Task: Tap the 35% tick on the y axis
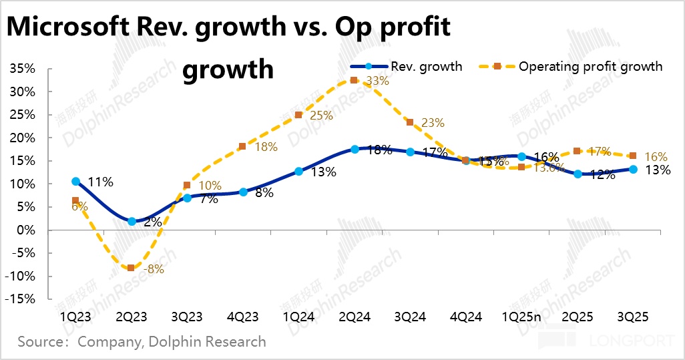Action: click(24, 69)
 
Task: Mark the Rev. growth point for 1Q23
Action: click(76, 181)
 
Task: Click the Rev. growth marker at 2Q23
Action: click(132, 221)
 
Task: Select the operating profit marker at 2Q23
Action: click(131, 268)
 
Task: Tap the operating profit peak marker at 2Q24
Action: click(354, 81)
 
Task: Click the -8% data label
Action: click(154, 270)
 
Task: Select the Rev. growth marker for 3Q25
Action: click(633, 170)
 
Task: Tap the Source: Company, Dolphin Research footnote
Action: click(142, 342)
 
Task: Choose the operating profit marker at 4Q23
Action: click(242, 146)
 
